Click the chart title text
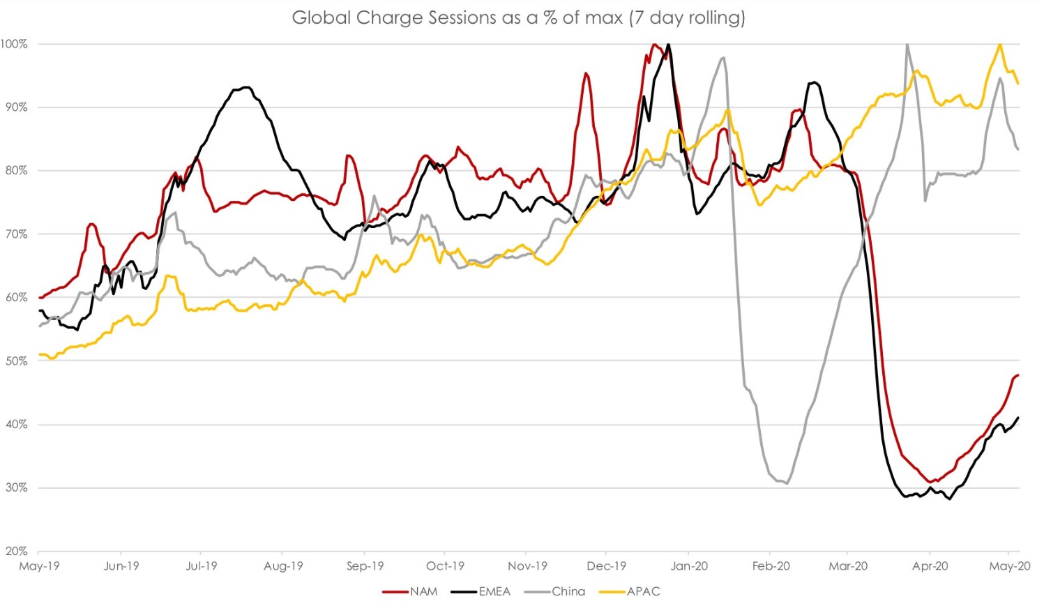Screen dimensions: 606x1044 coord(518,17)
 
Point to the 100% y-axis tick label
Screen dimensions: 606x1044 coord(14,44)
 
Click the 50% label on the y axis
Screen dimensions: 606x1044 coord(16,361)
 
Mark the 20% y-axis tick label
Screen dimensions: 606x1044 coord(16,551)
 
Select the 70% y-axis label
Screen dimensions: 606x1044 coord(16,234)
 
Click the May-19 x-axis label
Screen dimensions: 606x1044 coord(40,566)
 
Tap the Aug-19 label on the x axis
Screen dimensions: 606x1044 coord(283,566)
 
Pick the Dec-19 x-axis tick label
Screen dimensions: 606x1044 coord(606,566)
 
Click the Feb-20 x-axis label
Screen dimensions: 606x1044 coord(771,566)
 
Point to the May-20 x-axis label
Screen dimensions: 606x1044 coord(1010,566)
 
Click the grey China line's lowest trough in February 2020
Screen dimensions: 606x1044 coord(787,483)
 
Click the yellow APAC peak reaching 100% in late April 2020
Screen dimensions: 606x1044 coord(1000,44)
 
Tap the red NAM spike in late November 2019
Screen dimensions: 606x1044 coord(586,73)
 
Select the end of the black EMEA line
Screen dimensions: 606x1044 coord(1018,418)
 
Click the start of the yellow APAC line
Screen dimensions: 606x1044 coord(40,355)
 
